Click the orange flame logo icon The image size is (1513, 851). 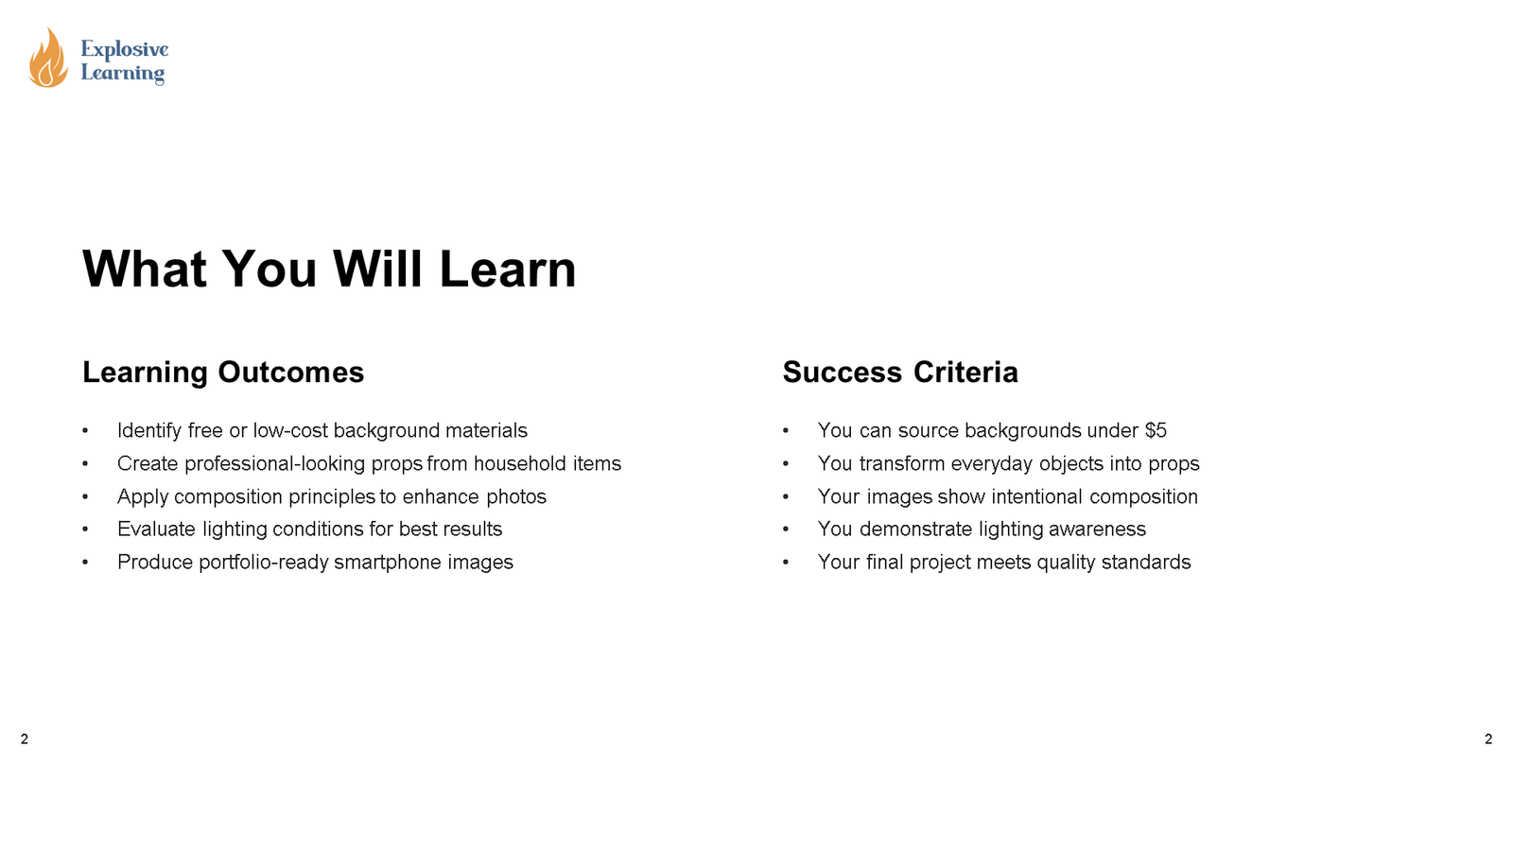(47, 59)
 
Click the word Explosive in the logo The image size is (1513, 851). (125, 49)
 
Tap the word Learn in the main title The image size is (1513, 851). (508, 269)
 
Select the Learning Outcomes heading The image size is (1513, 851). (223, 373)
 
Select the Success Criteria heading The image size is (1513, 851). (899, 373)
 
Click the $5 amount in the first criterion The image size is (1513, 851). (1156, 431)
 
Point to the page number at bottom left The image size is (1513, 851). (25, 739)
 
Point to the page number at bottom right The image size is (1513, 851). (1488, 739)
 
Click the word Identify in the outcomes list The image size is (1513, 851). (149, 431)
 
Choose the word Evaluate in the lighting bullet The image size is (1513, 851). (156, 530)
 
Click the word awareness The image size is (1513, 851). (1102, 530)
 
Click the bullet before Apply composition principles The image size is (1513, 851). (85, 497)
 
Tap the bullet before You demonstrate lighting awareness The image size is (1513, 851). (786, 530)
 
